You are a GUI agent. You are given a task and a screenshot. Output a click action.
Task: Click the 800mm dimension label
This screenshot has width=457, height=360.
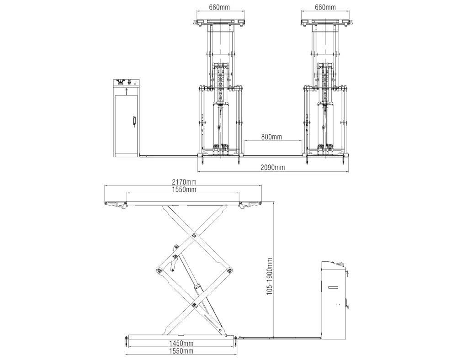(x=271, y=136)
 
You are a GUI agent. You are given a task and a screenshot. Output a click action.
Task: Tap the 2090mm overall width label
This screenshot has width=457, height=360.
(x=272, y=167)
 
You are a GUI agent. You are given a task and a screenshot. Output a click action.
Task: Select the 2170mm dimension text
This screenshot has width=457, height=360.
(x=184, y=182)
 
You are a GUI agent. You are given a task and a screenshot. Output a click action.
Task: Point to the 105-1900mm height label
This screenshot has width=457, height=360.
(x=270, y=276)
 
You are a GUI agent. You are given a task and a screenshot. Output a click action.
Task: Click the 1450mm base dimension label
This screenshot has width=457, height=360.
(x=181, y=344)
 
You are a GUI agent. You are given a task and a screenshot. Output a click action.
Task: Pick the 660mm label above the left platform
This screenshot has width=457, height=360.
(x=219, y=7)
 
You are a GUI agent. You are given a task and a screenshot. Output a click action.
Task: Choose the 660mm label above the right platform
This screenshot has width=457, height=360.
(x=325, y=7)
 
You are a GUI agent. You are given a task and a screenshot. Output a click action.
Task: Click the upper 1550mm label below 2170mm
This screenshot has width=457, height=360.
(x=184, y=190)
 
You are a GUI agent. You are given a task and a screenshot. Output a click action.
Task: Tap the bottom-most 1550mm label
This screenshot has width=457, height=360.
(x=181, y=351)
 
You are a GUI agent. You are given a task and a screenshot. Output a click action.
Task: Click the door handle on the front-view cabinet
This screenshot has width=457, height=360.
(x=134, y=121)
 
